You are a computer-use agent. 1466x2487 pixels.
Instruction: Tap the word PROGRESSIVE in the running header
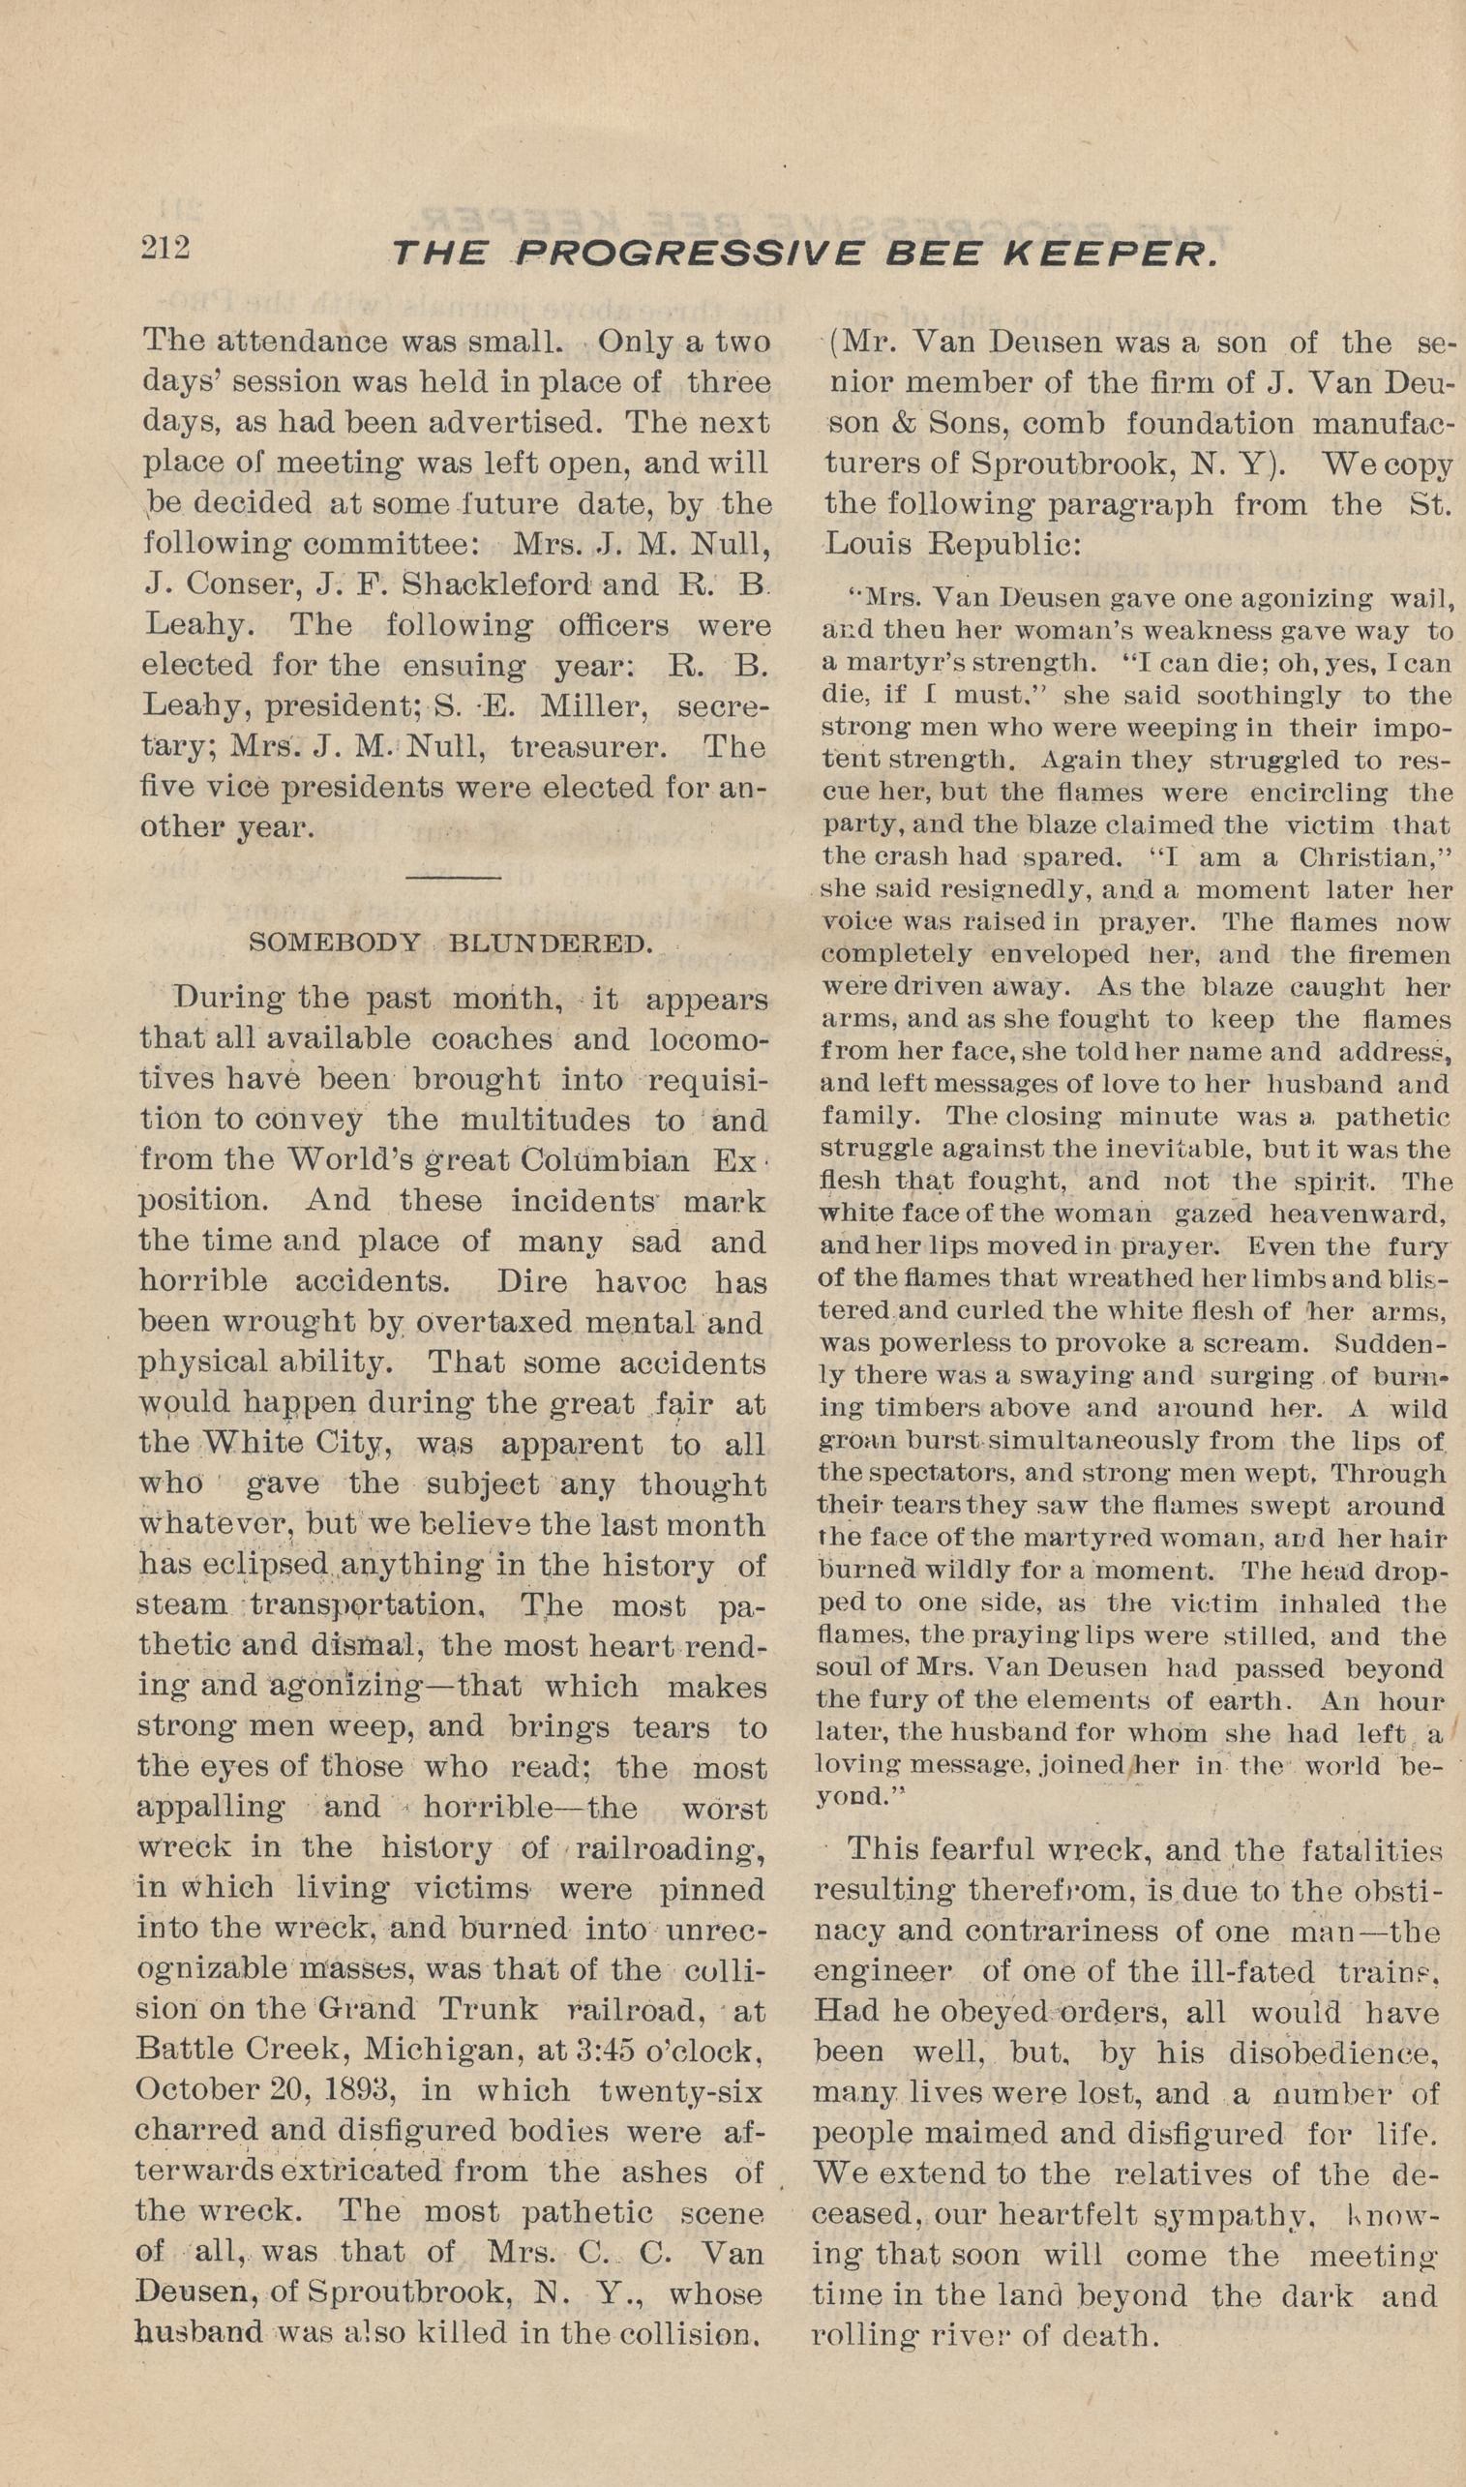(x=693, y=255)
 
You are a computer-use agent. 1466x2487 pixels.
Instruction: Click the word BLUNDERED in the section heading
(x=551, y=943)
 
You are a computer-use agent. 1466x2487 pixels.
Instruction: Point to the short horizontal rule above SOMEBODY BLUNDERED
(x=455, y=877)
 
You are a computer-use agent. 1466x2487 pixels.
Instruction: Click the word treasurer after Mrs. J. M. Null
(x=586, y=746)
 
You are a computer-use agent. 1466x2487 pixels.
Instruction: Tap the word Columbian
(x=606, y=1159)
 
